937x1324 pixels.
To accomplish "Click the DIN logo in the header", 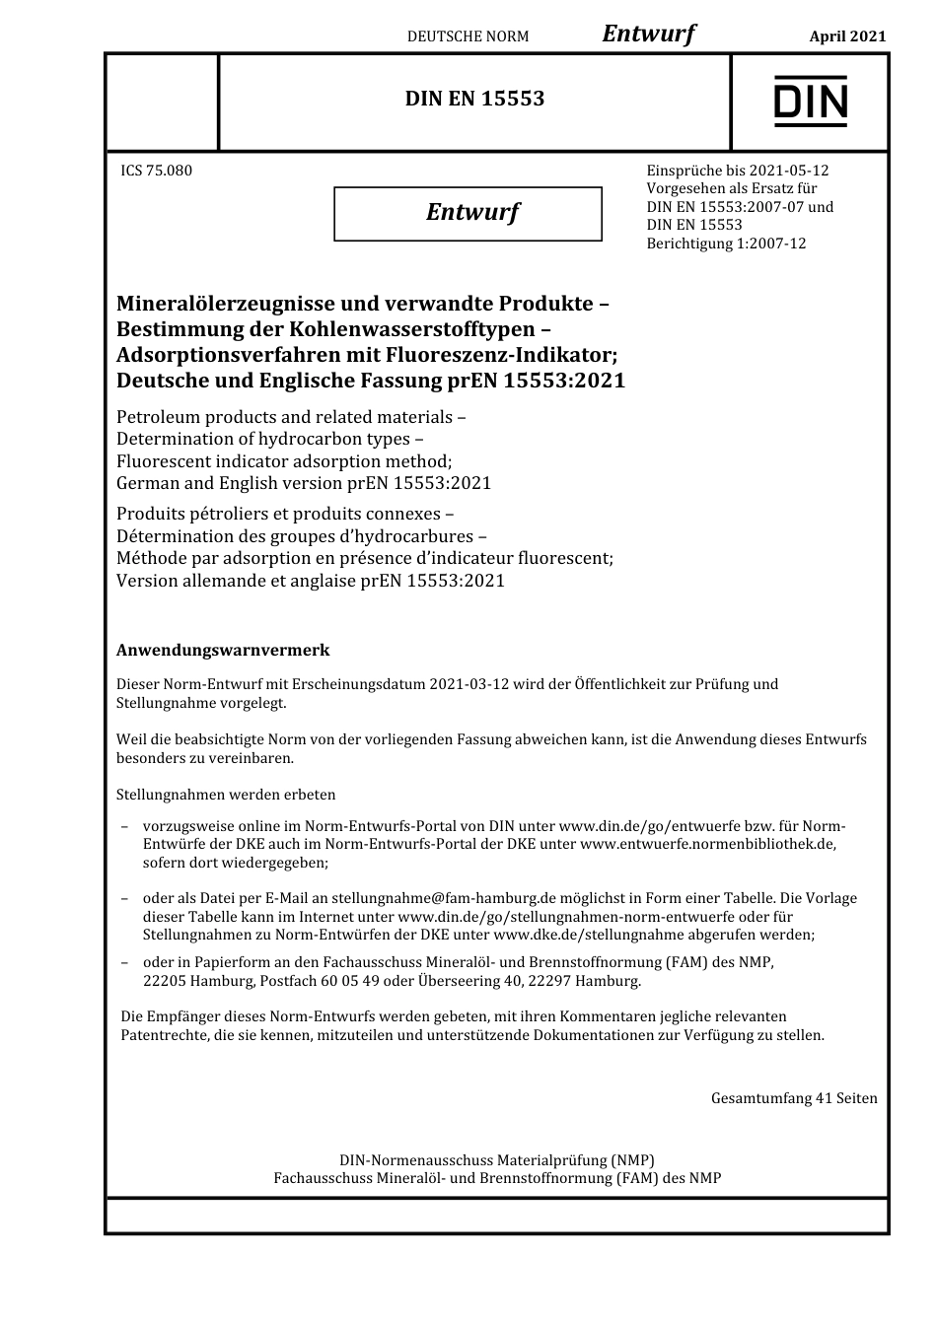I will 810,102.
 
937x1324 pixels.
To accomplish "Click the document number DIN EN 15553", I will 474,99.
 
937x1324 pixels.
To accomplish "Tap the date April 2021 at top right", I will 847,36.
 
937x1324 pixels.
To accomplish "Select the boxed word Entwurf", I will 471,212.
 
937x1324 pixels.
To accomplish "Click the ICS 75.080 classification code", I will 156,171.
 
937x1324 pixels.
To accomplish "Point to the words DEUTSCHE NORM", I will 468,36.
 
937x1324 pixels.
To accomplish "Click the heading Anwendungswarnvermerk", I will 223,651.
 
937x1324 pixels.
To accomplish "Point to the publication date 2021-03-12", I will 468,684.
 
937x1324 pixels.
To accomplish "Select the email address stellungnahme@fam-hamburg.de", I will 444,898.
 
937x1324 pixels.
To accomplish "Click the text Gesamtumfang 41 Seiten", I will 793,1098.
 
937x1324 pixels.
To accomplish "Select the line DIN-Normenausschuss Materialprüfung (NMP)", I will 496,1160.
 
